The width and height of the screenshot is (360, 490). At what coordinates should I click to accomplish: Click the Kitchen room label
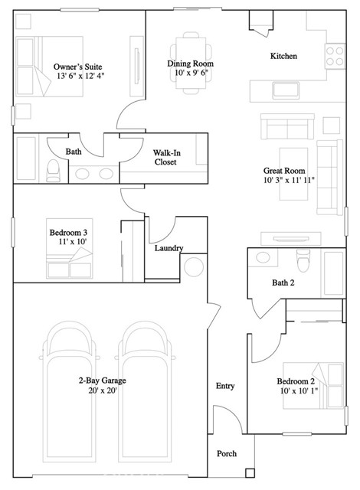coord(283,56)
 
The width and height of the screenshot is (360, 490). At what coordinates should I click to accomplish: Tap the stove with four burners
coord(335,56)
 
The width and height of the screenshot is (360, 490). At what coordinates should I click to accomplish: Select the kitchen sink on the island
coord(286,90)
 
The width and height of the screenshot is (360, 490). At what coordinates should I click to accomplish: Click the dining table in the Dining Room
coord(191,63)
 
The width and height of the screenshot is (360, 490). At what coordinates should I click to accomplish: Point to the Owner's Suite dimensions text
coord(80,76)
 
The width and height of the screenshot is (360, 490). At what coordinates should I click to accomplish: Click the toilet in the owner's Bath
coord(53,171)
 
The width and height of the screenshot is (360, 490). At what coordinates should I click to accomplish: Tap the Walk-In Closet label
coord(166,157)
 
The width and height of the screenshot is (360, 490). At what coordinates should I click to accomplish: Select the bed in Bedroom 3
coord(70,248)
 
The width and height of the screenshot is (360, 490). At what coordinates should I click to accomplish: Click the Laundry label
coord(169,248)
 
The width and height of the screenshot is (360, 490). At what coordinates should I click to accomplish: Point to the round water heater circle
coord(194,266)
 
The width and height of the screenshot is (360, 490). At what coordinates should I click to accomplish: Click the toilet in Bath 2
coord(303,260)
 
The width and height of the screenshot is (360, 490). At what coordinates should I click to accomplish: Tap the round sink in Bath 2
coord(263,257)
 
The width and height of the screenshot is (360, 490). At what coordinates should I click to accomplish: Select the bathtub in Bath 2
coord(334,273)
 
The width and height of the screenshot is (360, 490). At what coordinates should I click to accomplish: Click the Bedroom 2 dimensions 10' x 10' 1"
coord(299,390)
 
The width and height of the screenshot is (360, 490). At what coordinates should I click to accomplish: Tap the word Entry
coord(225,386)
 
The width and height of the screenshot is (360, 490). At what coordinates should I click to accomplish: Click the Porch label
coord(227,453)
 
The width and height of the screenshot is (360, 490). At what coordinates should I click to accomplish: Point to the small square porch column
coord(250,473)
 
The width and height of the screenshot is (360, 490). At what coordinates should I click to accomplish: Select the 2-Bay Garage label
coord(102,381)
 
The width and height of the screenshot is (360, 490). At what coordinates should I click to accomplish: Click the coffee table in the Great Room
coord(293,174)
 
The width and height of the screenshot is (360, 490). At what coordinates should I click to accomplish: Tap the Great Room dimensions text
coord(289,180)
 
